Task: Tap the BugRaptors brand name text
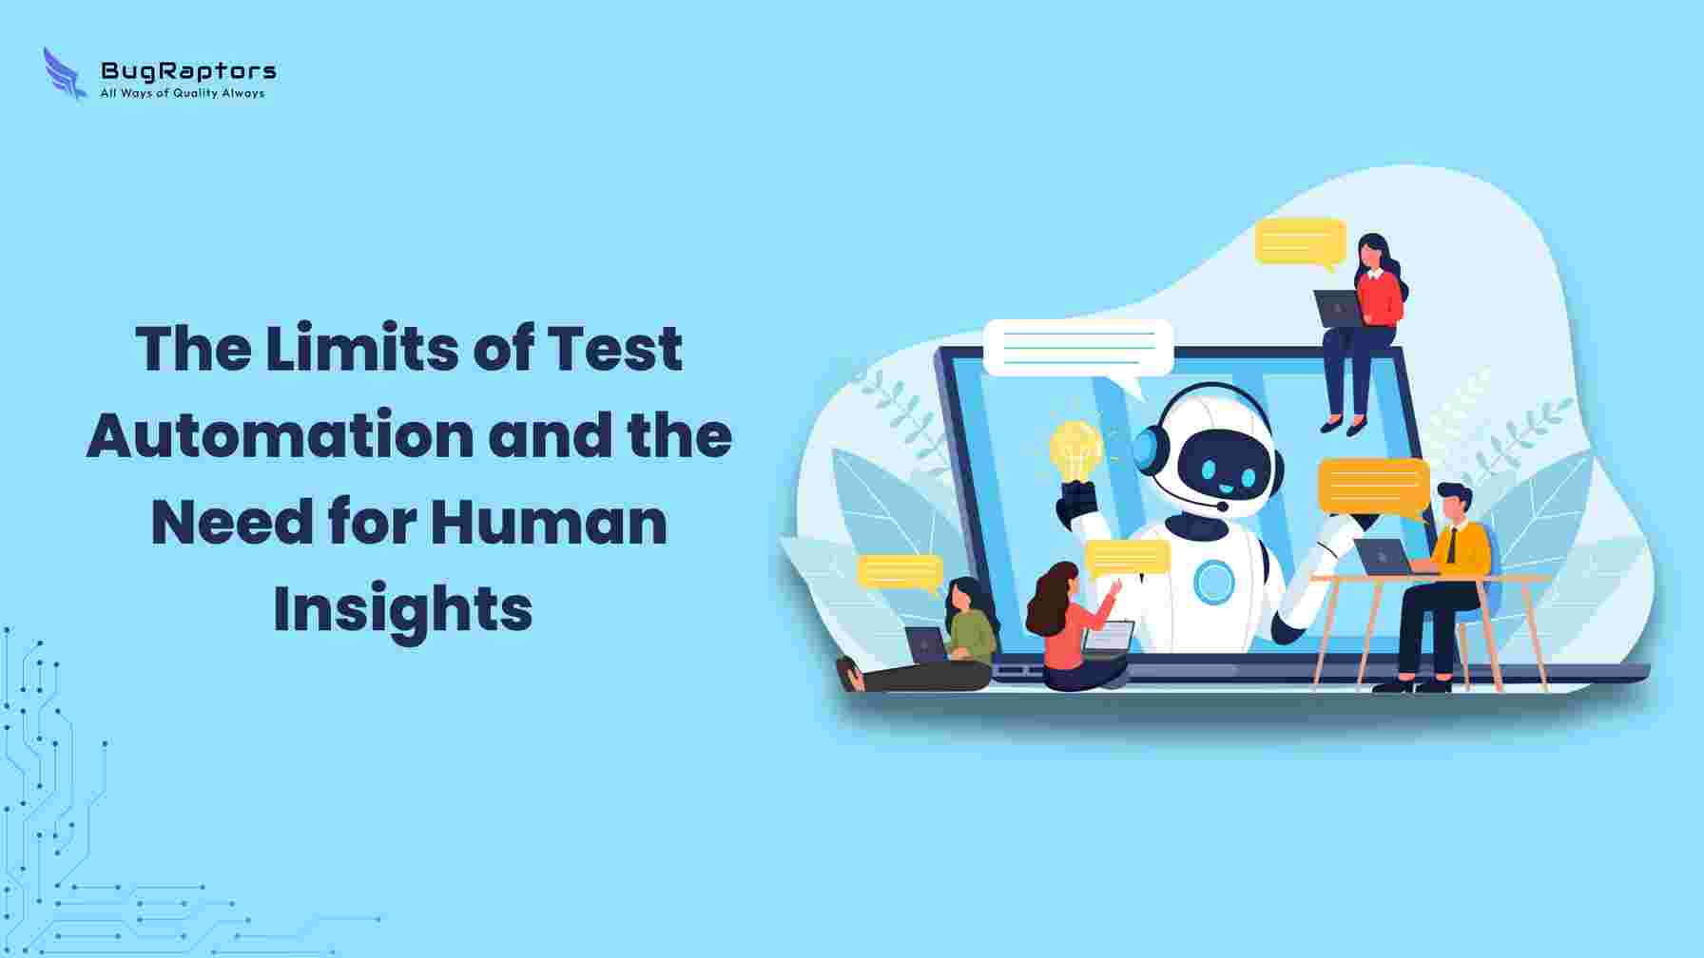coord(188,70)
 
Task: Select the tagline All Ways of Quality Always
coord(183,93)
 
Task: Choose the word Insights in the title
coord(403,608)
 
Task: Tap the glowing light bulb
coord(1075,452)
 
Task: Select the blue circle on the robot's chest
coord(1213,582)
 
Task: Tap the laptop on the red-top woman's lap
coord(1338,309)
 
